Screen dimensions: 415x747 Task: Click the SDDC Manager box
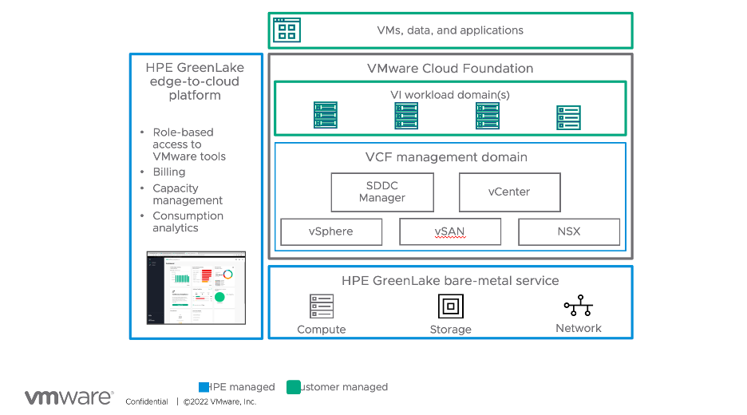coord(382,192)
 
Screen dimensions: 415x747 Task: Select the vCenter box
coord(509,192)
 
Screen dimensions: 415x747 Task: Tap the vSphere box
coord(331,232)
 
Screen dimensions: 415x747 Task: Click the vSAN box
coord(450,232)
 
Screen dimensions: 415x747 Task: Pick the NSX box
coord(569,232)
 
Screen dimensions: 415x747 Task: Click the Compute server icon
coord(322,306)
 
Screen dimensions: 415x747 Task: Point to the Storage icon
coord(451,306)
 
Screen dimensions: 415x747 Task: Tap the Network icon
coord(578,306)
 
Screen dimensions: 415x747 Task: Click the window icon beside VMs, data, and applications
coord(286,30)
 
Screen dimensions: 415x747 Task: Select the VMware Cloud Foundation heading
coord(450,69)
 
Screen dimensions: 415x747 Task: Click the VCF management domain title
coord(450,157)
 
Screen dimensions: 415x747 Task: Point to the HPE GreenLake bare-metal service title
coord(450,281)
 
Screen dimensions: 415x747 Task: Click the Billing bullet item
coord(169,172)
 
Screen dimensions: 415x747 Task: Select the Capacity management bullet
coord(188,195)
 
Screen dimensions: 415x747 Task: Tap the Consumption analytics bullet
coord(188,222)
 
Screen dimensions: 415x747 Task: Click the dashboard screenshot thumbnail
coord(196,288)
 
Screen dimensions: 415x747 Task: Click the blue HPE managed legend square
coord(204,387)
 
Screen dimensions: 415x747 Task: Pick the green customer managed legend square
coord(294,387)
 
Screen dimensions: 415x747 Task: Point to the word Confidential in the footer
coord(147,402)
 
